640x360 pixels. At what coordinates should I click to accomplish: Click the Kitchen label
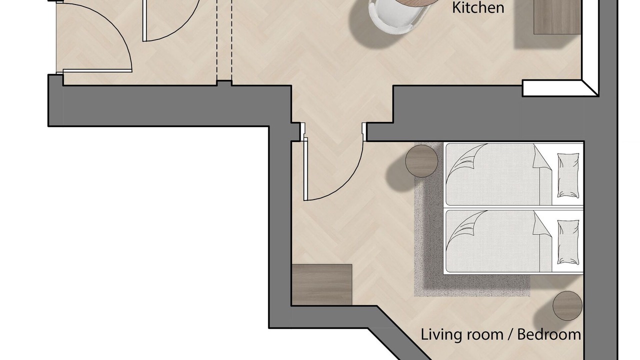pyautogui.click(x=478, y=7)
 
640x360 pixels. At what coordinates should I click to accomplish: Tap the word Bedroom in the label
pyautogui.click(x=549, y=334)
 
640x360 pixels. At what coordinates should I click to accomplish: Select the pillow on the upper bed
pyautogui.click(x=568, y=175)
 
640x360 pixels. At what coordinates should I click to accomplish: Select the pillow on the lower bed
pyautogui.click(x=568, y=242)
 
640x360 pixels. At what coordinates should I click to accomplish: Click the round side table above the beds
pyautogui.click(x=421, y=161)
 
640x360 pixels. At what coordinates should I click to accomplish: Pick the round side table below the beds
pyautogui.click(x=567, y=305)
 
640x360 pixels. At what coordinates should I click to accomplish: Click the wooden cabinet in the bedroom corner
pyautogui.click(x=321, y=284)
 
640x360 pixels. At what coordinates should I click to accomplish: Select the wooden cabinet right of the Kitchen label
pyautogui.click(x=557, y=17)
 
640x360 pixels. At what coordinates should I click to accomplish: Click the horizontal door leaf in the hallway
pyautogui.click(x=97, y=70)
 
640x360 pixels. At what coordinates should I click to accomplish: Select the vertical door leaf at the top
pyautogui.click(x=144, y=20)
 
